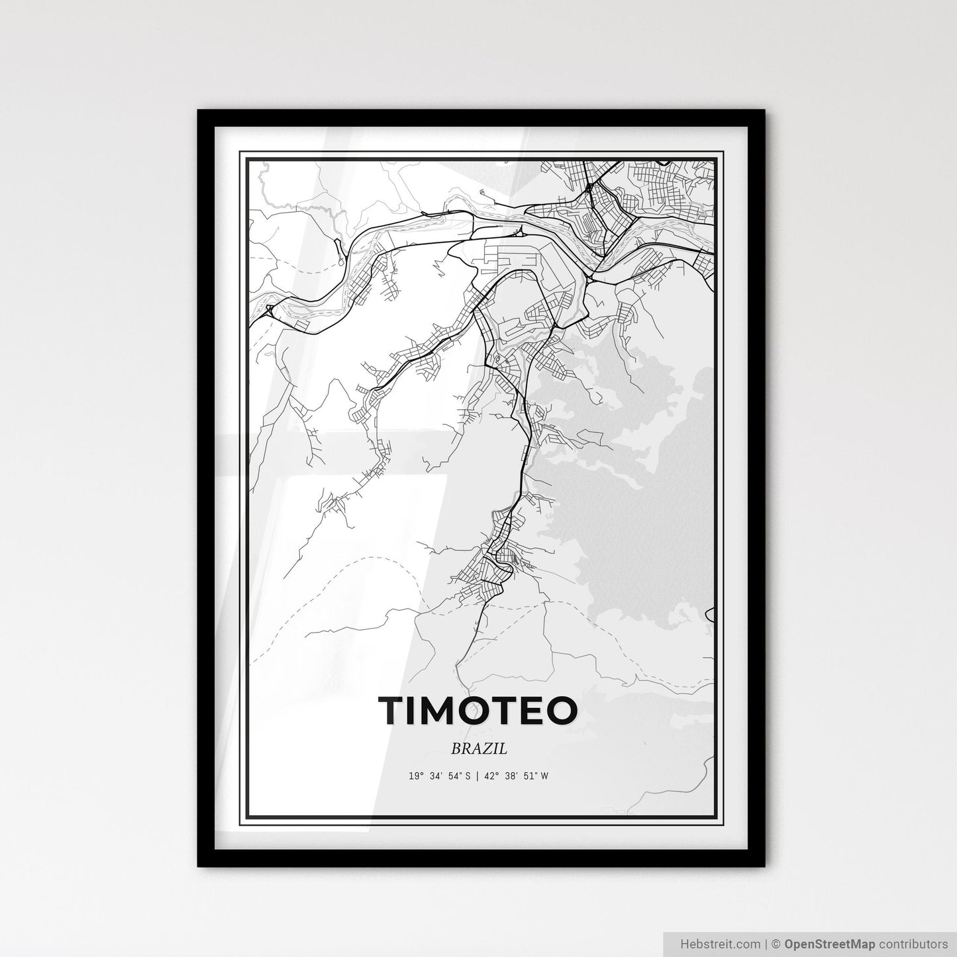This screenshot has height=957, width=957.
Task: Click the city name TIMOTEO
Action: pos(478,711)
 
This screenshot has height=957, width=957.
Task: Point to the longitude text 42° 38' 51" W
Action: pos(519,776)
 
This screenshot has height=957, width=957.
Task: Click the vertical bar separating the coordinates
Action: pos(478,776)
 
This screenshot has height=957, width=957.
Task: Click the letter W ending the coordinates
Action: pos(544,776)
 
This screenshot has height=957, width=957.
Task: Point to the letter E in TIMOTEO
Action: pos(527,711)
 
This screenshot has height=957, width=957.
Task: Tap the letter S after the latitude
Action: pos(467,776)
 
